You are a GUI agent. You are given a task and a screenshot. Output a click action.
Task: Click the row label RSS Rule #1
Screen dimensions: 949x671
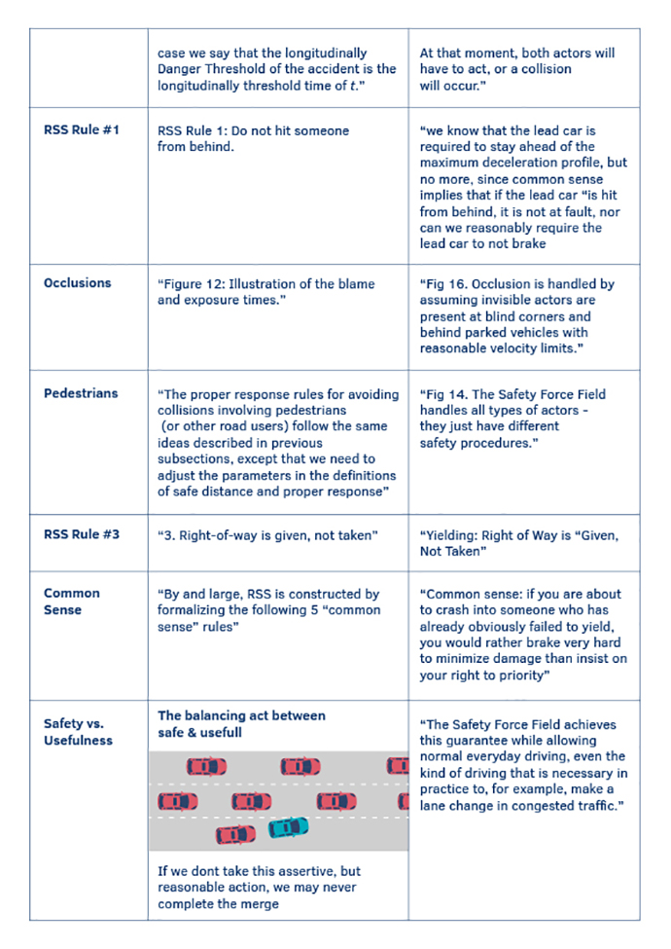click(x=82, y=129)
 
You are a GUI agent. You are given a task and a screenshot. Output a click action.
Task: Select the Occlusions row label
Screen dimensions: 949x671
click(x=78, y=283)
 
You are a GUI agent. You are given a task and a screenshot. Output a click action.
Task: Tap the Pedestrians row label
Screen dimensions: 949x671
click(x=81, y=393)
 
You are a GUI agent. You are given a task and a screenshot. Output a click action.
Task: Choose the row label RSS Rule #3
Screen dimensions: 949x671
click(x=82, y=534)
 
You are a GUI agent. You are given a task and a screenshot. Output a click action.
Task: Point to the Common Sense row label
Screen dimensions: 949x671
click(x=72, y=602)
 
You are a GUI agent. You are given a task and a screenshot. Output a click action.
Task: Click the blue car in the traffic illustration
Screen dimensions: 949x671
click(x=288, y=827)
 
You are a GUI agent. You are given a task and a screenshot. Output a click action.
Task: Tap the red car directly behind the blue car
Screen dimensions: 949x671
click(x=236, y=834)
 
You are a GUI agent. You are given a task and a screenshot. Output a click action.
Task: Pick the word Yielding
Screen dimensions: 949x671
click(x=451, y=535)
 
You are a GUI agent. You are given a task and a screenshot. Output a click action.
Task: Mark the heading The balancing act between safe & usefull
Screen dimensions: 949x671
click(x=241, y=723)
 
